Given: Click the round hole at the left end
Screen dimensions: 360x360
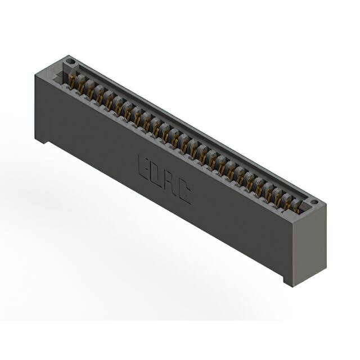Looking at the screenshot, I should tap(70, 61).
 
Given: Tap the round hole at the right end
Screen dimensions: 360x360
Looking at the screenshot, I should tap(314, 202).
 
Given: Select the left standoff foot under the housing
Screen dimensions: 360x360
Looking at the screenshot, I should tap(41, 139).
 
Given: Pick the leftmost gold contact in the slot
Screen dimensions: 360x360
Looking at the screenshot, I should tap(73, 80).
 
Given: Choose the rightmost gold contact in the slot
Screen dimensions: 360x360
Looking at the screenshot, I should tap(296, 206).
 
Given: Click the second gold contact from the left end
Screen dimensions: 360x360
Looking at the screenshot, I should tap(82, 85).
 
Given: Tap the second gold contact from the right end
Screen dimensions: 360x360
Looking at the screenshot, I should tap(287, 202).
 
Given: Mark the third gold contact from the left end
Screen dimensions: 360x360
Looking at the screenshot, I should tap(91, 91).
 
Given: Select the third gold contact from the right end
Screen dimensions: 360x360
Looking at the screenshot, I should tap(278, 197).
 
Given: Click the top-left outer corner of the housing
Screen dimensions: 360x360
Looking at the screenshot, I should tap(35, 75).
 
